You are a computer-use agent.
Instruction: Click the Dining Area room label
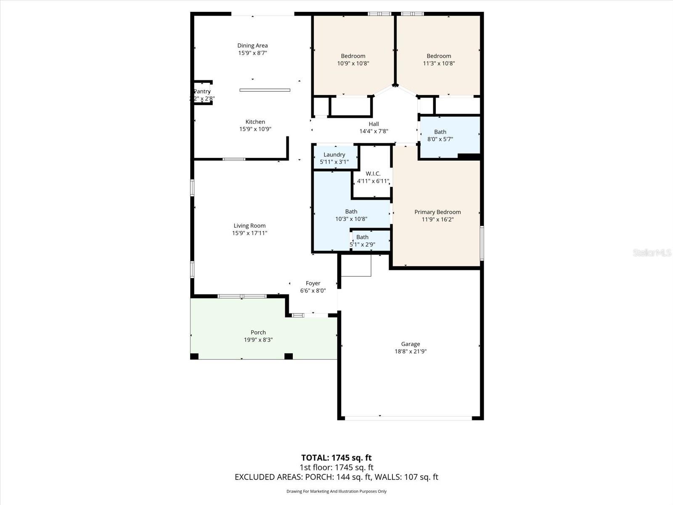click(252, 45)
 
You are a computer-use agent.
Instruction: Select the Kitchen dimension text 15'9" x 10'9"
click(255, 129)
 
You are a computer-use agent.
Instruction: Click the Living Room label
click(249, 226)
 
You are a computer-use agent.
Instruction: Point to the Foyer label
click(313, 283)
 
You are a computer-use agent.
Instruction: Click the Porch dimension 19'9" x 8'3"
click(258, 340)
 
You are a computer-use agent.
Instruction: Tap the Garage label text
click(411, 344)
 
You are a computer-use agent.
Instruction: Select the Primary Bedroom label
click(437, 212)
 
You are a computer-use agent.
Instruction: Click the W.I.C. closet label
click(373, 174)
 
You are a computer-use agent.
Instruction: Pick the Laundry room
click(334, 157)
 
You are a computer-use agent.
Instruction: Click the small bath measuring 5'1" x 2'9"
click(363, 241)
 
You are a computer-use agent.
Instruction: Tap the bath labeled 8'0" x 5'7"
click(440, 136)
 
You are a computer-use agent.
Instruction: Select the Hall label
click(374, 124)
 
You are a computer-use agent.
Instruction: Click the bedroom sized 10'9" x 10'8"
click(353, 59)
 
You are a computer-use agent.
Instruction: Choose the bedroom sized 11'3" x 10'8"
click(439, 59)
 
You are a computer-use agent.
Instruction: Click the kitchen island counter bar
click(265, 90)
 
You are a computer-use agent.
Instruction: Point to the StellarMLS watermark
click(652, 252)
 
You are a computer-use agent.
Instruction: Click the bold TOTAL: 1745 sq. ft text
click(336, 457)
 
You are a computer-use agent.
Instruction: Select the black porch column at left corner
click(194, 356)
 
